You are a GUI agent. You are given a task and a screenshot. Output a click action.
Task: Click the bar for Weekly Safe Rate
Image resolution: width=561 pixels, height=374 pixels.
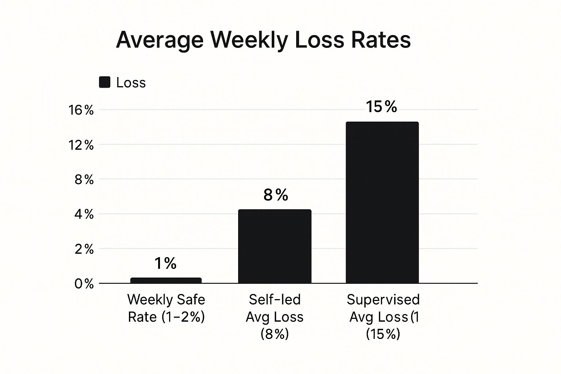click(166, 280)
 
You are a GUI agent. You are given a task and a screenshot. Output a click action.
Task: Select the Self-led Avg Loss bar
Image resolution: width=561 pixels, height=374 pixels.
click(275, 246)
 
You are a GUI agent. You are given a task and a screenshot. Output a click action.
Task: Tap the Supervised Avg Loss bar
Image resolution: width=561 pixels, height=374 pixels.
click(382, 202)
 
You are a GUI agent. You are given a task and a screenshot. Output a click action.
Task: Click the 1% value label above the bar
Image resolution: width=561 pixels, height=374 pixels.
click(165, 263)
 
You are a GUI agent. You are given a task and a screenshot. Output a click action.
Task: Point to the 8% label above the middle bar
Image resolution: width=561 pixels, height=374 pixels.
click(276, 195)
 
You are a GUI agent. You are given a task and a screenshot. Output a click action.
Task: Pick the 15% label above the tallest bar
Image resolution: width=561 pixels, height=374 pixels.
click(381, 107)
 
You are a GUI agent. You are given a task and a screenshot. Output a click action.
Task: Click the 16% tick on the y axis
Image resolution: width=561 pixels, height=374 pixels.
click(81, 110)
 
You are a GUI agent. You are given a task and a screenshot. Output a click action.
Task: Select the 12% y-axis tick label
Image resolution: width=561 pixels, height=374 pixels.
click(81, 145)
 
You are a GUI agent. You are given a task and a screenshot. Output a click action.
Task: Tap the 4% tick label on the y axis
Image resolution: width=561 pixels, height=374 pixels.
click(84, 214)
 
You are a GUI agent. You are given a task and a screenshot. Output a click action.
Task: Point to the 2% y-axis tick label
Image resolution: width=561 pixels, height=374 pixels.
click(84, 249)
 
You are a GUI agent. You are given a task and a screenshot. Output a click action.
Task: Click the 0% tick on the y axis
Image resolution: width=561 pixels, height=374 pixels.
click(84, 284)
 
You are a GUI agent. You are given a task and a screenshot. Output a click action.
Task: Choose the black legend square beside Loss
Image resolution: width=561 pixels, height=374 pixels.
click(105, 82)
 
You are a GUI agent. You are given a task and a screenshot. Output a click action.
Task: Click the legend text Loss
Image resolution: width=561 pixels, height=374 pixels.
click(131, 83)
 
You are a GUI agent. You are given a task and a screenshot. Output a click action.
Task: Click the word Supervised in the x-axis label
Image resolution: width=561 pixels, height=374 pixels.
click(383, 299)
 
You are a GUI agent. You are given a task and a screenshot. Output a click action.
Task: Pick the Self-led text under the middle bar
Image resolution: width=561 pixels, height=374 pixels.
click(275, 299)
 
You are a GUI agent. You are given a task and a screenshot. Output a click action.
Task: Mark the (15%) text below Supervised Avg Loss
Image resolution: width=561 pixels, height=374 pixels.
click(383, 334)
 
